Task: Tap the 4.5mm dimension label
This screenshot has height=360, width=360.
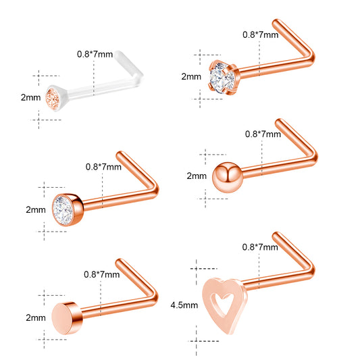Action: coord(184,305)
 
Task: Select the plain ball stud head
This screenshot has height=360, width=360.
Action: coord(228,177)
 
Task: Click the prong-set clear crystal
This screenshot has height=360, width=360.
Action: coord(222,78)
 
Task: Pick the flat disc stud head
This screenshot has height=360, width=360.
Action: coord(67,318)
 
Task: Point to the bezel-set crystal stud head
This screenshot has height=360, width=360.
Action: coord(68,210)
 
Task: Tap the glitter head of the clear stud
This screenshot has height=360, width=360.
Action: coord(53,99)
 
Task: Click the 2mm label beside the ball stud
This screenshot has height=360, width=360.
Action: coord(197,176)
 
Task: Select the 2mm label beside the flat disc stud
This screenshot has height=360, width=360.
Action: coord(36,318)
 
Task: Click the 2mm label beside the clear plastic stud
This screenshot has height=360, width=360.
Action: coord(31,97)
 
